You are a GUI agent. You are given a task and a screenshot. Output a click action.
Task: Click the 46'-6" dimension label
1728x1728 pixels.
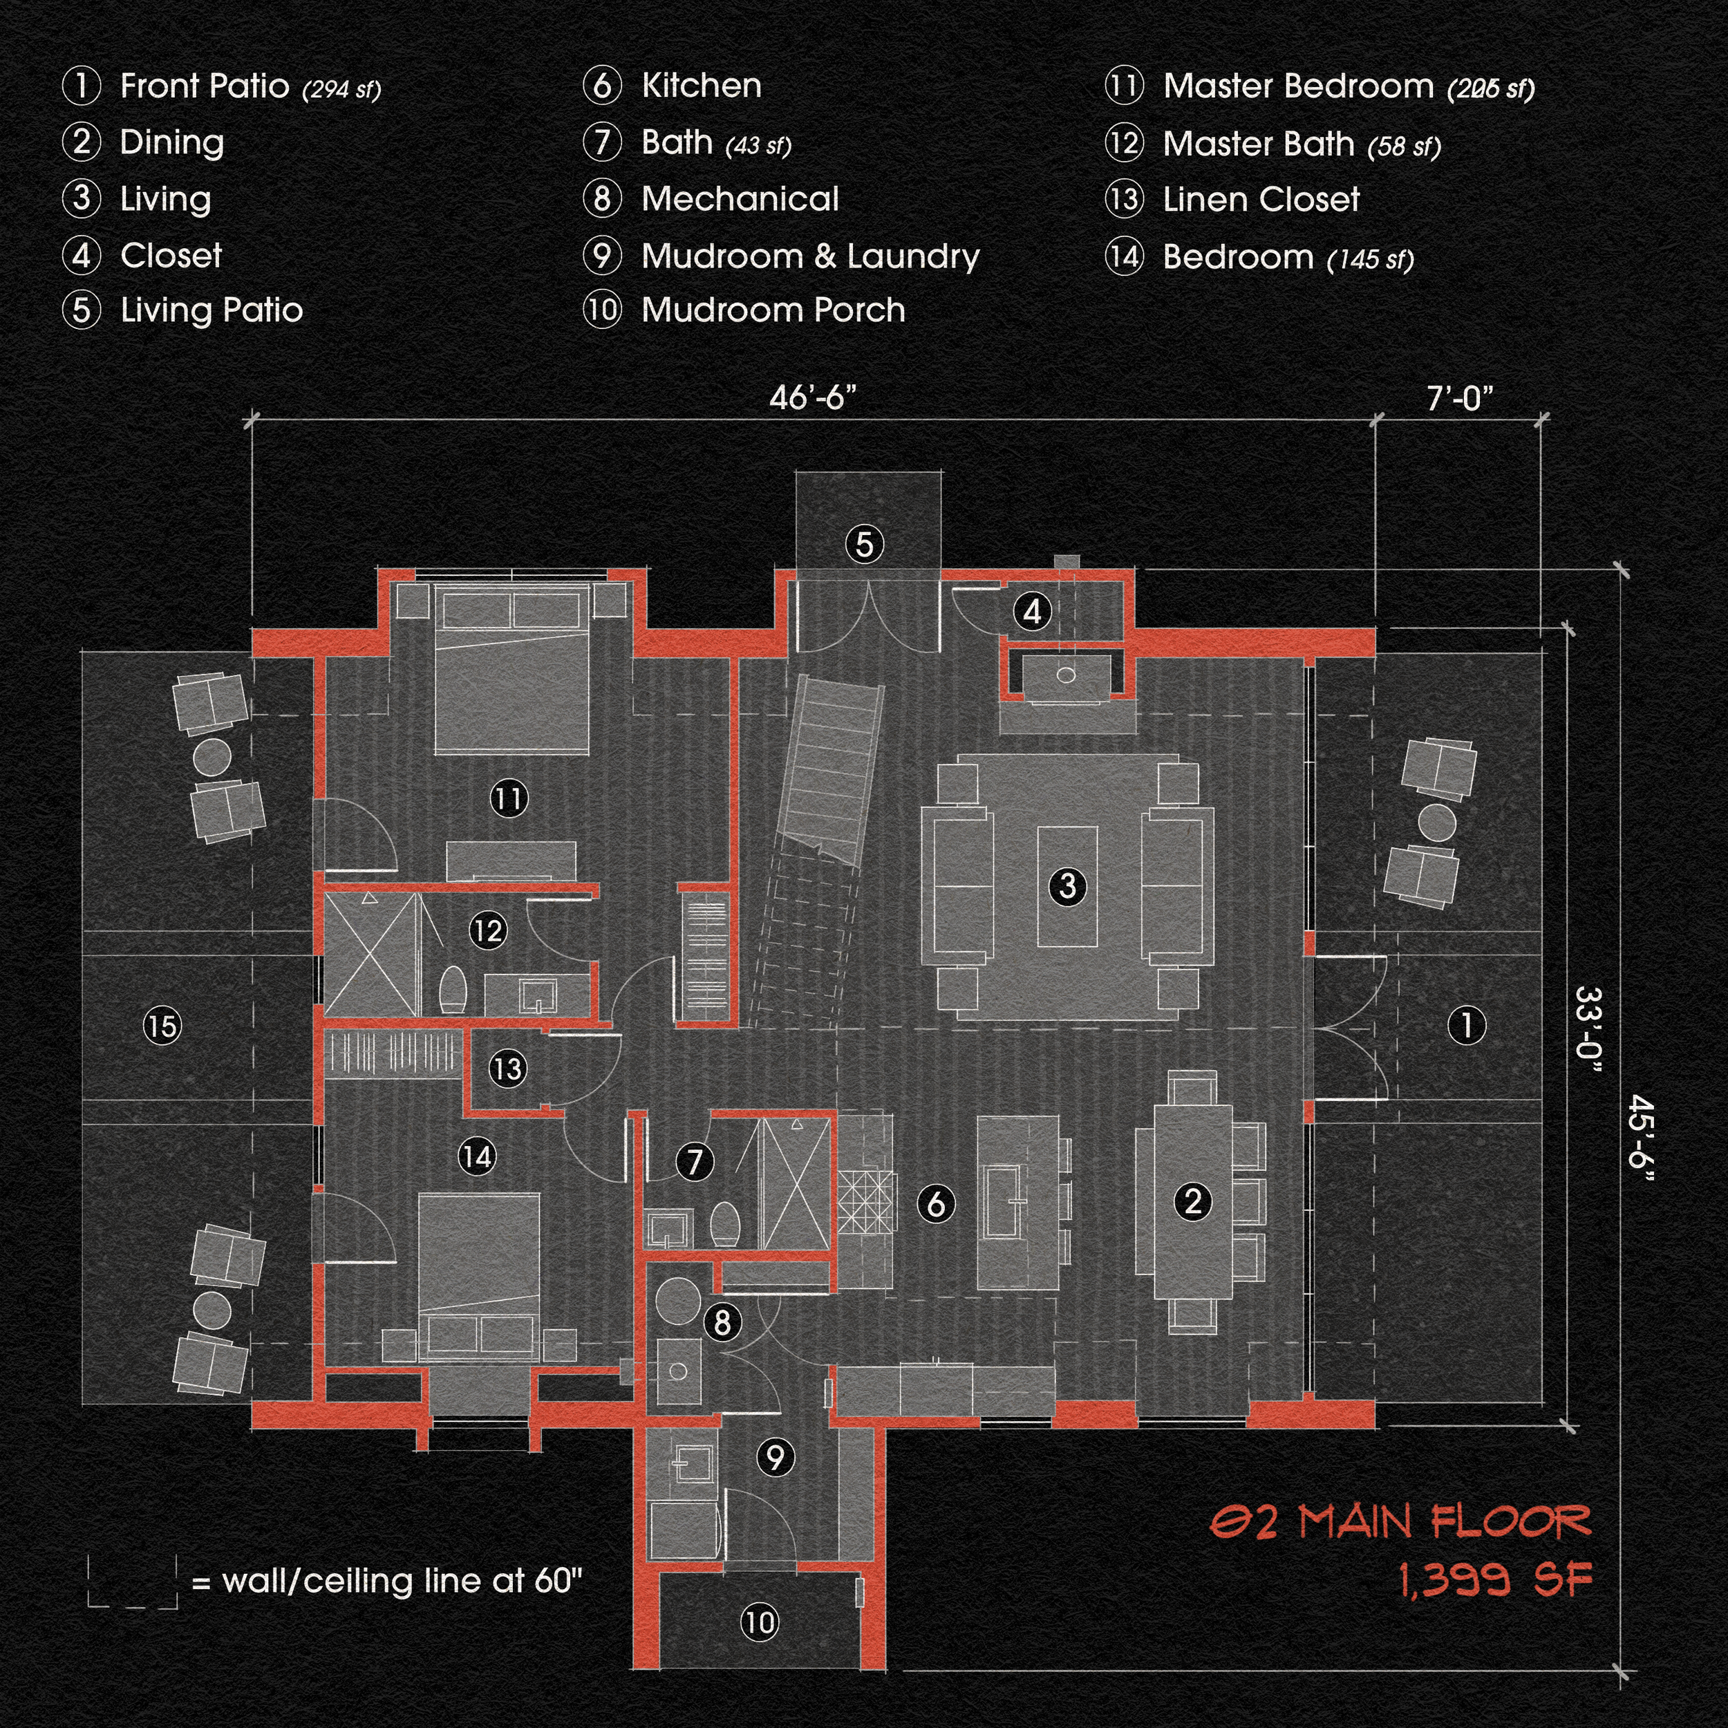pos(812,397)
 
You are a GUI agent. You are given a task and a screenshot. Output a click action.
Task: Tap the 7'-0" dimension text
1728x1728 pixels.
pos(1460,399)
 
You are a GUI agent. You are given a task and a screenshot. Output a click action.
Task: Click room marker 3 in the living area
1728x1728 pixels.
pos(1067,886)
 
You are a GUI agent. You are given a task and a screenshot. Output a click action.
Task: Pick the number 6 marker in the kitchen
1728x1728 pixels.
pos(936,1204)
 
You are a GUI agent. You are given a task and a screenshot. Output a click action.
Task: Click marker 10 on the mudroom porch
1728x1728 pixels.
pos(760,1622)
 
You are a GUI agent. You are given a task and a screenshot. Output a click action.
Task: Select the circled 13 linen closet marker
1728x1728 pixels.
pos(507,1069)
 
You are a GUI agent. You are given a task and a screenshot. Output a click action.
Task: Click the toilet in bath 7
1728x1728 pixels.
pos(724,1223)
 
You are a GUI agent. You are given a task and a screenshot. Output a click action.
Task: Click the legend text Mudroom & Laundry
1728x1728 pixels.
pos(810,256)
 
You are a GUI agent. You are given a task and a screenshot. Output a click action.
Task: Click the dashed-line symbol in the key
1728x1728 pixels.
pos(133,1582)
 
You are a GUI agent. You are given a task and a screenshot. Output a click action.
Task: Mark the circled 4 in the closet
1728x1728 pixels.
pos(1032,612)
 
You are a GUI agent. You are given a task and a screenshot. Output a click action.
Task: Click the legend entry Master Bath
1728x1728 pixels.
pos(1257,144)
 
